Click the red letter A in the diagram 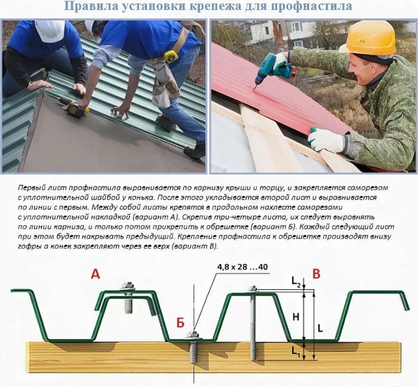coord(95,274)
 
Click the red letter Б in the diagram coord(180,323)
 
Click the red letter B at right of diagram coord(316,274)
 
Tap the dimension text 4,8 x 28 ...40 coord(242,267)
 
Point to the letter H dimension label coord(296,317)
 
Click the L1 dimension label coord(296,351)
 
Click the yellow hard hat coord(369,37)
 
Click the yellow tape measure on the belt coord(171,56)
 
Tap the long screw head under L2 coord(253,289)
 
